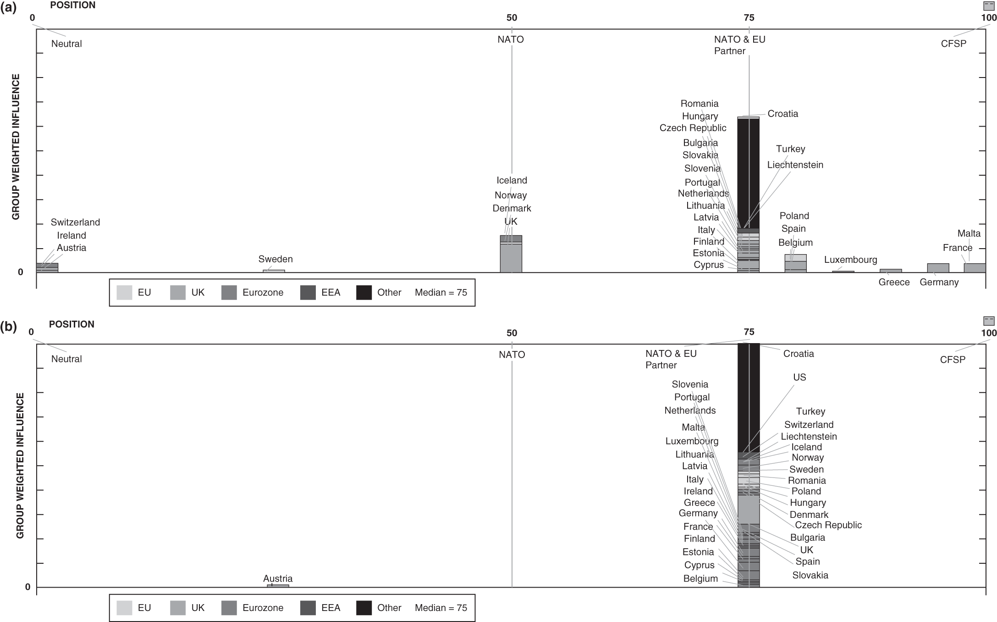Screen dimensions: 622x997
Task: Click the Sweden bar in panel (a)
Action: pos(274,271)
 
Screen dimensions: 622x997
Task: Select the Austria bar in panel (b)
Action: pos(278,586)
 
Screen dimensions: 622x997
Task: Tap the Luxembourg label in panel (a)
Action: pos(850,260)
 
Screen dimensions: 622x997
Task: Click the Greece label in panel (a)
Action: pos(894,283)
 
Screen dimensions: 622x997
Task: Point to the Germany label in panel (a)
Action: pos(939,283)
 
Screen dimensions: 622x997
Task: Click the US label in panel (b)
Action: pos(799,378)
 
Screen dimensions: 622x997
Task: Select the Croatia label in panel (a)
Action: pos(782,114)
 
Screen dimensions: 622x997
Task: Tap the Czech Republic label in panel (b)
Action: pos(828,525)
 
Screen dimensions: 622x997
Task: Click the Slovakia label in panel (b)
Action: pos(810,575)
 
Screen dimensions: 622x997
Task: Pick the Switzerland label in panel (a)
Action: pos(75,222)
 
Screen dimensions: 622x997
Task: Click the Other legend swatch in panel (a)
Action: pos(364,293)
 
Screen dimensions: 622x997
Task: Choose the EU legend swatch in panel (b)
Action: pos(124,608)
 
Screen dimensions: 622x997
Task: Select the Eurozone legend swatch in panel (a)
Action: pos(229,293)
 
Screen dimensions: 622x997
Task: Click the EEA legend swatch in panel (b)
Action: pos(308,608)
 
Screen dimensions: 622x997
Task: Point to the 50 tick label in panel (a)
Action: pos(512,18)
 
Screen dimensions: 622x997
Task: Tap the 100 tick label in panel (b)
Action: pos(989,333)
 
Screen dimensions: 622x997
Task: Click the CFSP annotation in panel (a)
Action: pos(953,44)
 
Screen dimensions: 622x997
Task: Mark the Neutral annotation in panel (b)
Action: pos(66,359)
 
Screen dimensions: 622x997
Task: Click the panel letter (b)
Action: pos(8,326)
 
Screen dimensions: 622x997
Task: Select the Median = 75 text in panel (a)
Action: pos(441,293)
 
